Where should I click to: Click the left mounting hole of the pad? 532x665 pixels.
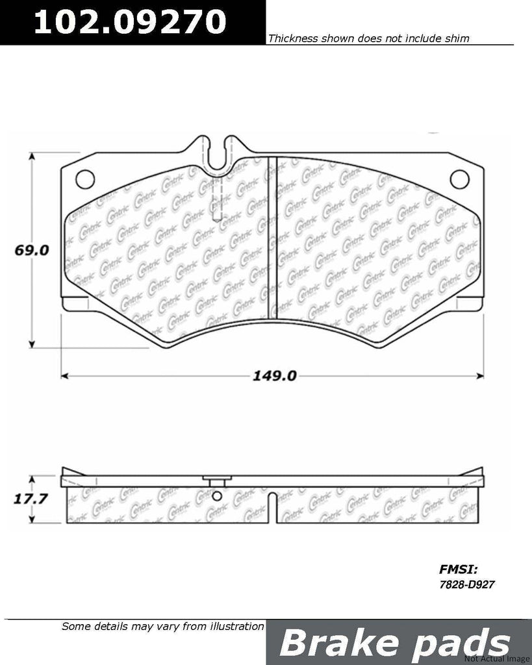tap(84, 177)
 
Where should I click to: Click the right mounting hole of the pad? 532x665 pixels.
tap(459, 177)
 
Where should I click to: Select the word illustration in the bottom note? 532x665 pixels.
tap(229, 627)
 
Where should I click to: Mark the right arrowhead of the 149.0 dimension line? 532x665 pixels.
tap(481, 375)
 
